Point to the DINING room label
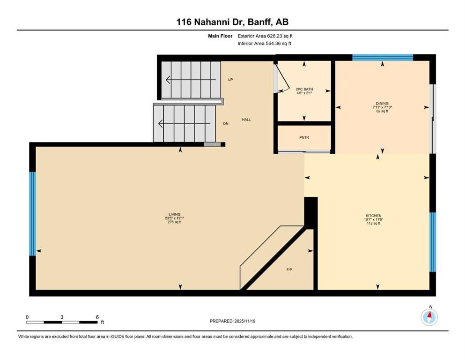coord(382,104)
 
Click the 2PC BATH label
coord(304,89)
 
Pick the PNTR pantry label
coord(304,137)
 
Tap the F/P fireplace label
coord(289,270)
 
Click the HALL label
coord(246,120)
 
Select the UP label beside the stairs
coord(230,80)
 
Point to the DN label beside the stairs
coord(225,124)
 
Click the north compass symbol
coord(429,317)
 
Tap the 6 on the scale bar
coord(97,317)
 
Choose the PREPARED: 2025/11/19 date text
coord(232,321)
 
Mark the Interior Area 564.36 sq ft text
coord(265,44)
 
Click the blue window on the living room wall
coord(33,214)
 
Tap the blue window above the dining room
coord(382,58)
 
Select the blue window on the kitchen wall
coord(432,242)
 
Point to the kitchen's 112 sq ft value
coord(374,224)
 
